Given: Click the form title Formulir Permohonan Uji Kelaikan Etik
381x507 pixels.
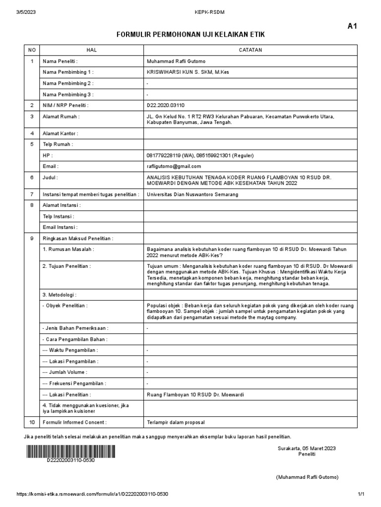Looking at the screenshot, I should click(x=190, y=34).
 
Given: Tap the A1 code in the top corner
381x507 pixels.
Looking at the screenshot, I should click(x=352, y=27).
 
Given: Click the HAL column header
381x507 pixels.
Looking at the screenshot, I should click(x=91, y=50).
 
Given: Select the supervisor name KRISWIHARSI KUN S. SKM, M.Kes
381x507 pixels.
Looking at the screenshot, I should click(x=188, y=72).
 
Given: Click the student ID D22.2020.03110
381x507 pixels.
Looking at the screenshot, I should click(x=165, y=105).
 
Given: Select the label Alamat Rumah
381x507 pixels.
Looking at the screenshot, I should click(x=61, y=117).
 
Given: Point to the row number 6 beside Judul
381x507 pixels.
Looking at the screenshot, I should click(x=32, y=177).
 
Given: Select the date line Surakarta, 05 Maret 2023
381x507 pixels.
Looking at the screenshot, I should click(x=306, y=448).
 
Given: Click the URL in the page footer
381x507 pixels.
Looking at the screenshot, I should click(x=92, y=495).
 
